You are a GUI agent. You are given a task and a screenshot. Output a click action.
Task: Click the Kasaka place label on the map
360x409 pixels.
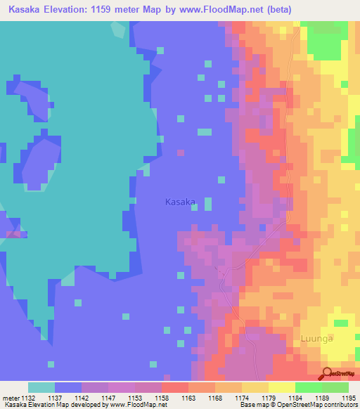179,202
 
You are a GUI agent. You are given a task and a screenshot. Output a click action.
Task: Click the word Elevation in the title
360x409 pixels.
73,10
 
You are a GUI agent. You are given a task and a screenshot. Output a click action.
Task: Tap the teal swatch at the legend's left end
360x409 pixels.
41,387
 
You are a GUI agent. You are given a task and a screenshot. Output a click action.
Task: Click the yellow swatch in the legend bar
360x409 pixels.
281,387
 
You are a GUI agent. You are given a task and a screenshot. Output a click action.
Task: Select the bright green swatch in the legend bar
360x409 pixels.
308,387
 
